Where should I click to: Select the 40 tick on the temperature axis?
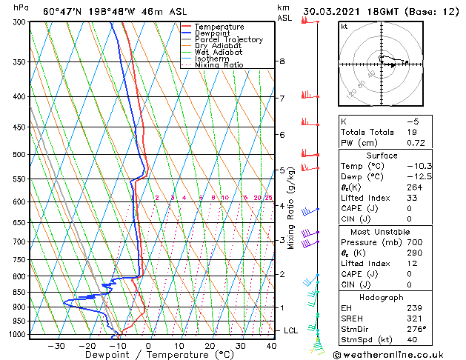tap(270, 346)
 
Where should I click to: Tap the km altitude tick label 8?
tap(282, 61)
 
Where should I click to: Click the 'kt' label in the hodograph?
tap(344, 27)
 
